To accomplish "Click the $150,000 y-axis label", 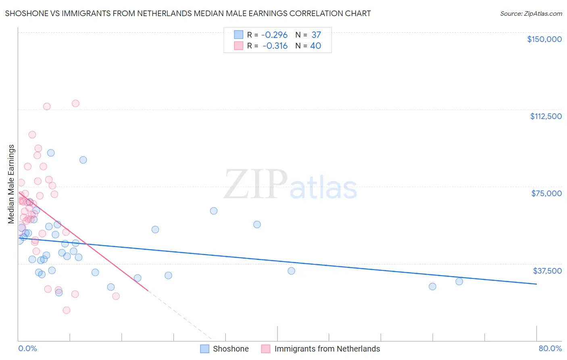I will (544, 39).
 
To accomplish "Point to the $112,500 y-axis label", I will (546, 116).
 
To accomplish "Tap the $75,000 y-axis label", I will (546, 193).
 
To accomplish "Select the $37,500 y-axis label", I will (547, 271).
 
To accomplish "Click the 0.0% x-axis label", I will (27, 348).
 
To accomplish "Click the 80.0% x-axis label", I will (550, 348).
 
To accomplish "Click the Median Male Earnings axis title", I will (11, 184).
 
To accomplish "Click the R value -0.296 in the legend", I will (275, 35).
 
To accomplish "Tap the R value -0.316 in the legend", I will (275, 46).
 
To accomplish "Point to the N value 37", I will (316, 35).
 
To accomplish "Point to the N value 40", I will (315, 46).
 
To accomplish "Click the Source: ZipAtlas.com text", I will (531, 14).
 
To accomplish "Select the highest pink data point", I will (75, 103).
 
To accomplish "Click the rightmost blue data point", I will (459, 281).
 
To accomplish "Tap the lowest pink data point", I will (67, 310).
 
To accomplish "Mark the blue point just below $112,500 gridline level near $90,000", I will (51, 153).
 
